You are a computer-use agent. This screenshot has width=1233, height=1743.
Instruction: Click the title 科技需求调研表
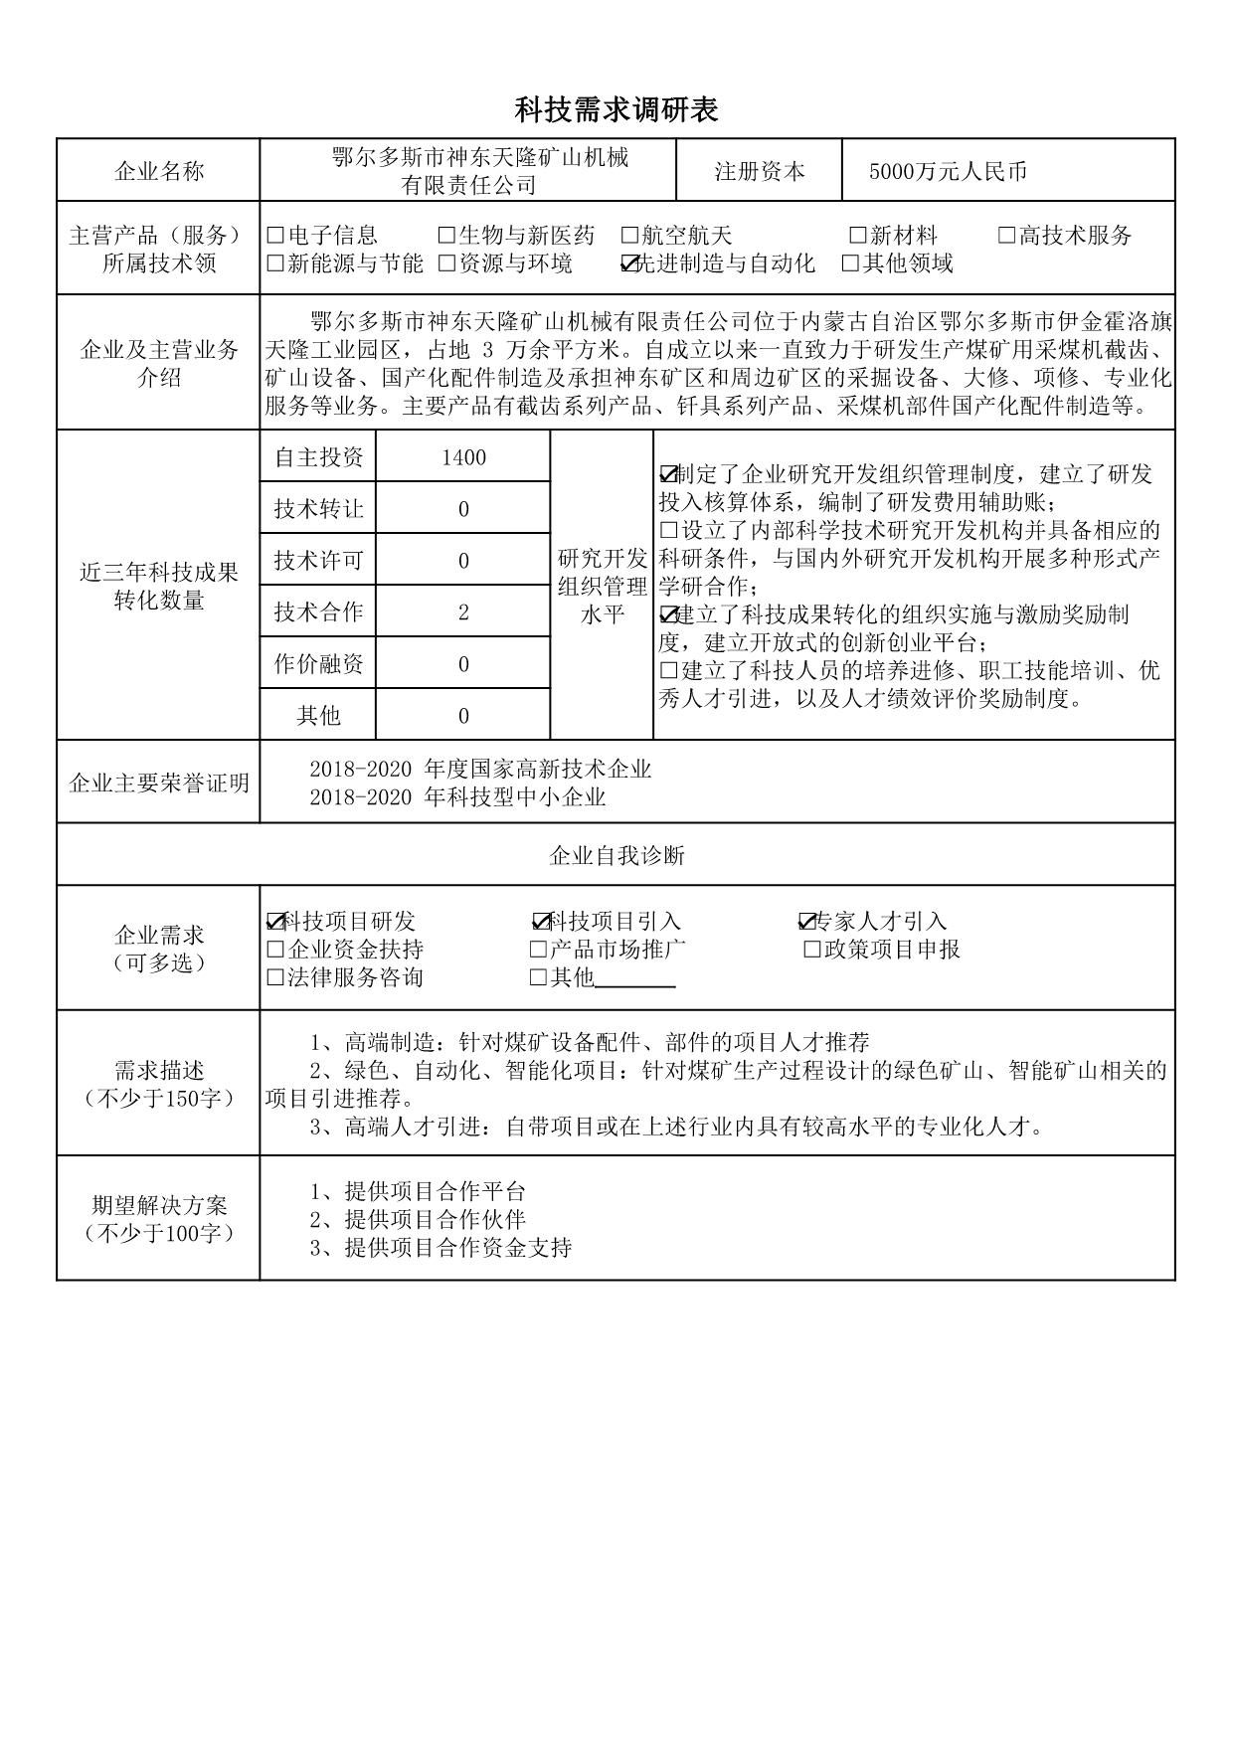pos(616,109)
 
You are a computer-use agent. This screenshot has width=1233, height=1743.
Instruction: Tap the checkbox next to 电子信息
pos(276,237)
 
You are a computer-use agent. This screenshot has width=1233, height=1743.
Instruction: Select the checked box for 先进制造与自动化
pos(628,264)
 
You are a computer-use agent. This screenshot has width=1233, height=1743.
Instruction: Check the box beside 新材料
pos(857,237)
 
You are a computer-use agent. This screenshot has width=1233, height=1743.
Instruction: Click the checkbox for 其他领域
pos(850,264)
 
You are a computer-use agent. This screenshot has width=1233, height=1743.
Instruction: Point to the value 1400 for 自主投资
pos(463,457)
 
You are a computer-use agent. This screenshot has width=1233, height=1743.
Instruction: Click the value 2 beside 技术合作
pos(463,612)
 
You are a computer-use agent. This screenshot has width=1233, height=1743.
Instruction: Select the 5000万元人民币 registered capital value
pos(948,172)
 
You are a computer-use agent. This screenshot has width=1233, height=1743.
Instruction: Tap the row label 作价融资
pos(318,664)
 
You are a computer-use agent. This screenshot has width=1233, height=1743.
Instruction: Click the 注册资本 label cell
pos(760,172)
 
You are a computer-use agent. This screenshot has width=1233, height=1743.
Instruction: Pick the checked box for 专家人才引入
pos(806,922)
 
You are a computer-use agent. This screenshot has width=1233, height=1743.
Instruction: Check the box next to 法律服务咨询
pos(276,978)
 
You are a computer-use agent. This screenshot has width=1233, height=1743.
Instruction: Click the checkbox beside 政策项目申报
pos(812,951)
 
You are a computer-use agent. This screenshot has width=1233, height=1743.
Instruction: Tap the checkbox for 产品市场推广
pos(539,951)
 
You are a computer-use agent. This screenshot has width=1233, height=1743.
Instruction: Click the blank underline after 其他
pos(635,980)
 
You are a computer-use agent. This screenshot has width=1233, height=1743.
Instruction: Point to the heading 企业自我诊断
pos(616,856)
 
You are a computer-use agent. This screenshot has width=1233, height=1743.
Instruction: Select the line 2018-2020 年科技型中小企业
pos(457,797)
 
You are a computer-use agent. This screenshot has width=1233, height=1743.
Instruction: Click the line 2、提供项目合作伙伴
pos(418,1220)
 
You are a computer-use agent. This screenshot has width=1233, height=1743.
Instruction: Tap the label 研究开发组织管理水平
pos(602,587)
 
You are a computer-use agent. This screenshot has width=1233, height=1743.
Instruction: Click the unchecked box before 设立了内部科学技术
pos(667,531)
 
